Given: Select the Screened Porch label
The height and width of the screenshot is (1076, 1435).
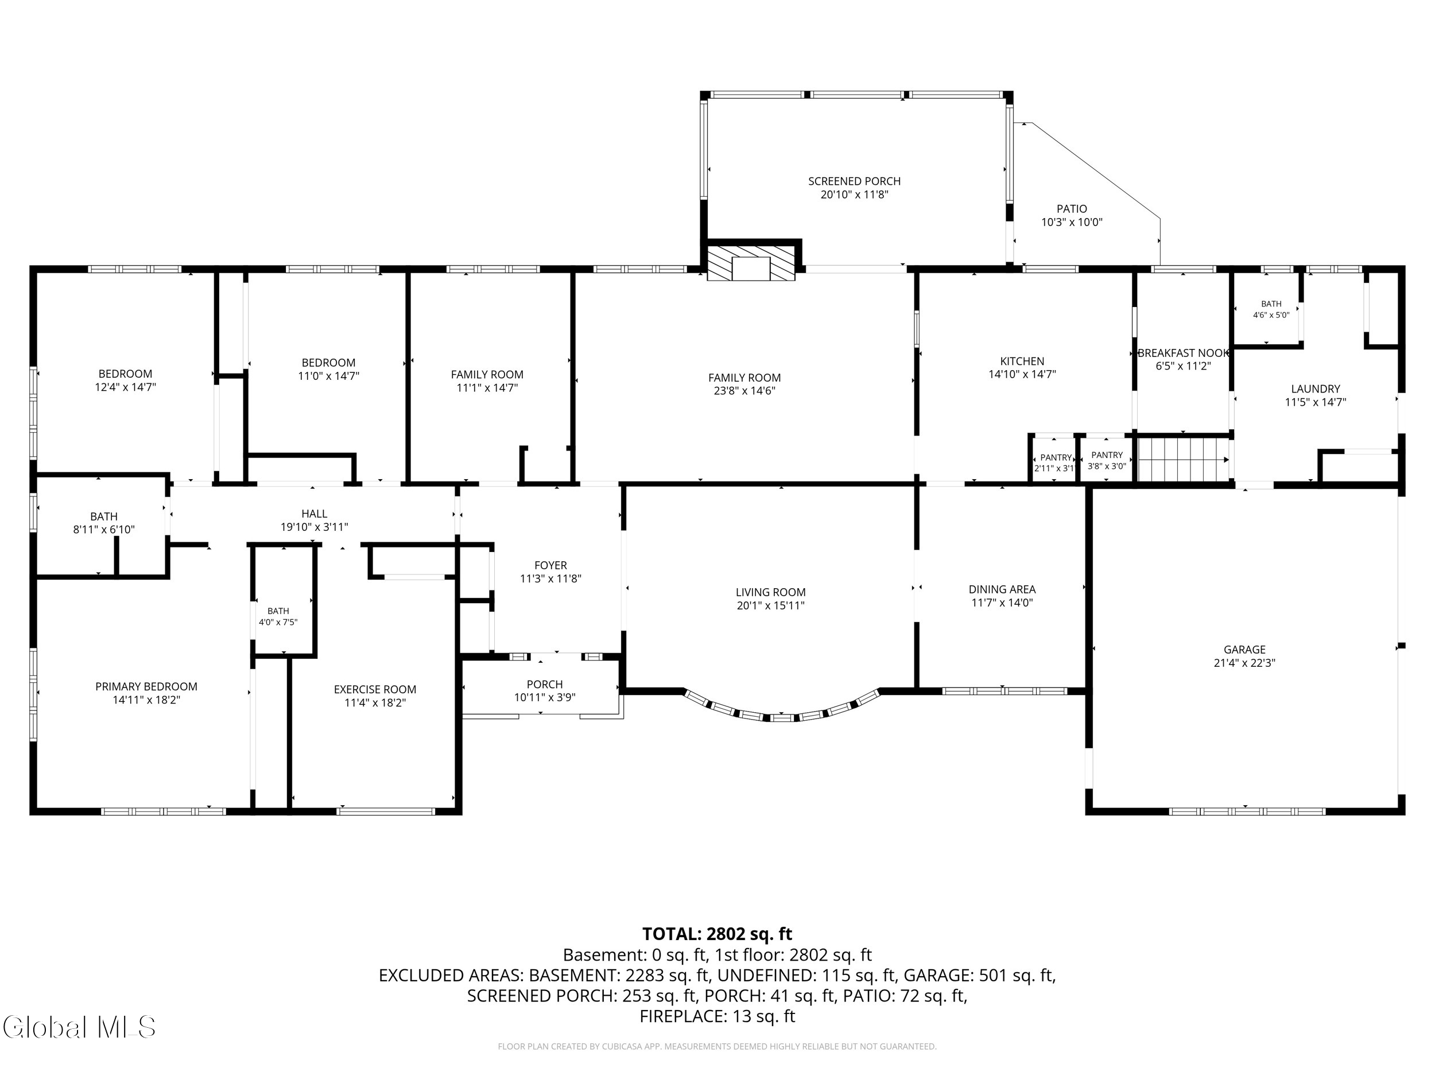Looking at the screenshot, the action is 854,181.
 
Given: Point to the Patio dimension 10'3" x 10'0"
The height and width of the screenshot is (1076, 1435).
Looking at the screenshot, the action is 1072,223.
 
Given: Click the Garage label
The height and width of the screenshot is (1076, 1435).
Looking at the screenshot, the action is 1244,649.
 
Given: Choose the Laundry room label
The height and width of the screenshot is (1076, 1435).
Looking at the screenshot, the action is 1315,389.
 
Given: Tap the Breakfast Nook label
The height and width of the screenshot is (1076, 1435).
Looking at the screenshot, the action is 1183,353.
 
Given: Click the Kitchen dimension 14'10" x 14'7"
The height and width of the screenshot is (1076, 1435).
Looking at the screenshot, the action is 1022,374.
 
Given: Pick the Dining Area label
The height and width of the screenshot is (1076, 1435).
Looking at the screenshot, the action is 1002,589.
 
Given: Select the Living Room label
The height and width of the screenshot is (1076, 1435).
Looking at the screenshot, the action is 770,592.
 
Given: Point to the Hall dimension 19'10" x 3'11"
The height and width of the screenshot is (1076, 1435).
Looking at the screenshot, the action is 314,527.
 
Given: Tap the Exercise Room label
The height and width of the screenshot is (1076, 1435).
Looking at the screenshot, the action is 375,689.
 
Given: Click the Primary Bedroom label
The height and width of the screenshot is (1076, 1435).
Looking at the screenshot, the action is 146,686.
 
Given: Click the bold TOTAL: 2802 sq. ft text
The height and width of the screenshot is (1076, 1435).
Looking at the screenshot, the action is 717,934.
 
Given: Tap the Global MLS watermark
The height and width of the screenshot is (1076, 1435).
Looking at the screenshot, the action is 79,1027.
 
